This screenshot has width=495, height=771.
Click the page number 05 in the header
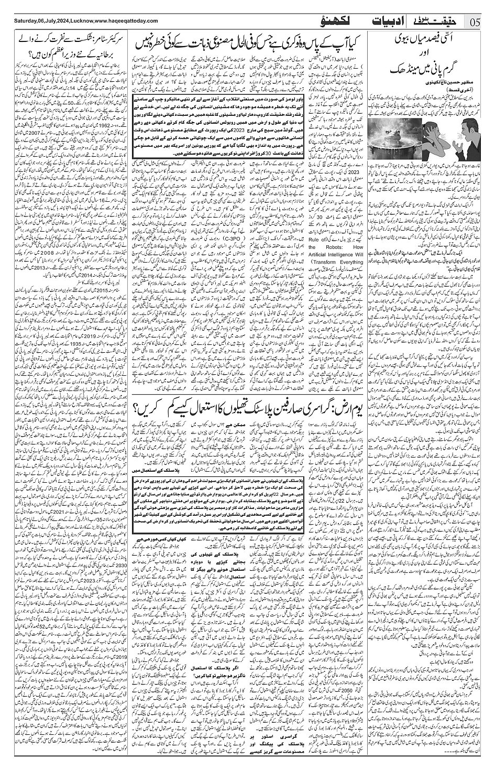click(x=476, y=21)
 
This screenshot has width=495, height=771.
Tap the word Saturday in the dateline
click(x=18, y=19)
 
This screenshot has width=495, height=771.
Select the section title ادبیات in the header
click(x=390, y=21)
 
